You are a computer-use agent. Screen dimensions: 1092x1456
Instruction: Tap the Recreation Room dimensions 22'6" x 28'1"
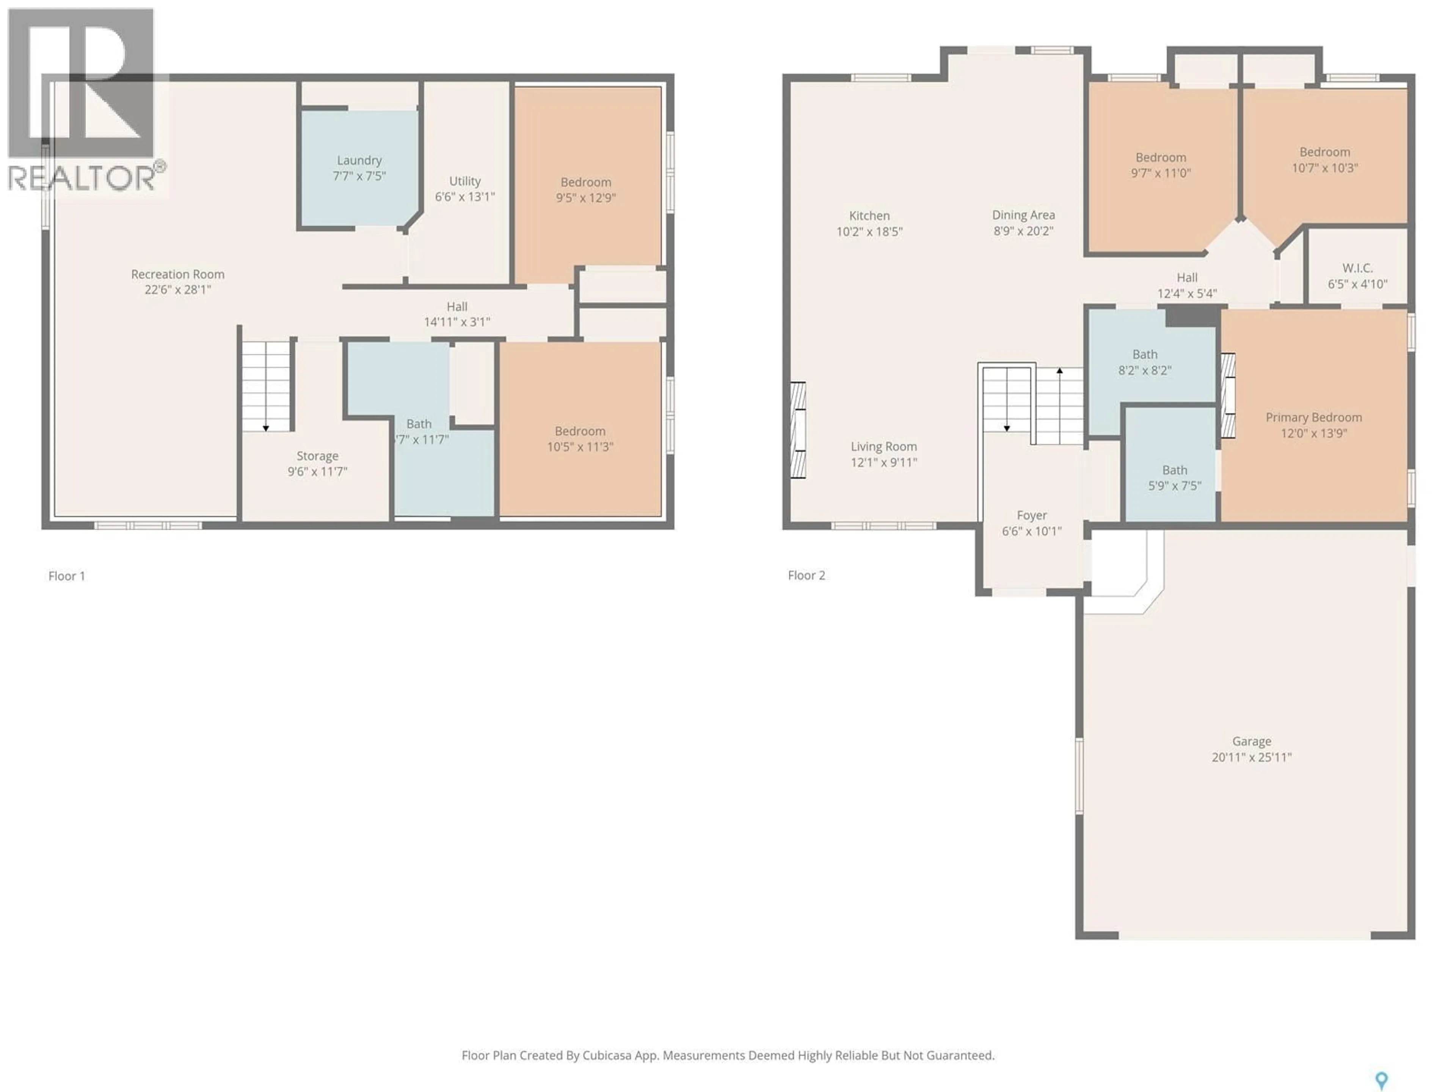(x=178, y=290)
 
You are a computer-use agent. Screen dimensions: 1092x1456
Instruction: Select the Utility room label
(x=465, y=181)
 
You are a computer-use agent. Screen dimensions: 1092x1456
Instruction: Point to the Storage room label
(x=317, y=455)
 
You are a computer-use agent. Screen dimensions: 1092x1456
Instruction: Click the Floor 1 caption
(x=66, y=576)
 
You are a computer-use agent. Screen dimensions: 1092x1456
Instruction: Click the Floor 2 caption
(x=806, y=575)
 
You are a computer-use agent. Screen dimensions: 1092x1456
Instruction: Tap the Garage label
(x=1251, y=741)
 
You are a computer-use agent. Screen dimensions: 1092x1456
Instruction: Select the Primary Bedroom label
(x=1313, y=417)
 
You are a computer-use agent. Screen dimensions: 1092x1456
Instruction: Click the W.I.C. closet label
(x=1357, y=268)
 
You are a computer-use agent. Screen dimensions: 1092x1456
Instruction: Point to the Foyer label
(x=1031, y=515)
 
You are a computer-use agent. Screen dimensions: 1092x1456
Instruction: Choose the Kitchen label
(x=869, y=216)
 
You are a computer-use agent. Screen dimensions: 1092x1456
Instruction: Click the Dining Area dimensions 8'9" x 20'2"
(x=1023, y=231)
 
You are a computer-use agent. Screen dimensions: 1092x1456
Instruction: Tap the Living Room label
(x=883, y=446)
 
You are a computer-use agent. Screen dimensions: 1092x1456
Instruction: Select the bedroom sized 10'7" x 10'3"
(x=1324, y=160)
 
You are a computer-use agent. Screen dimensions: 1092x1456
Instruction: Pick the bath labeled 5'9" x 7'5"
(x=1174, y=478)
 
